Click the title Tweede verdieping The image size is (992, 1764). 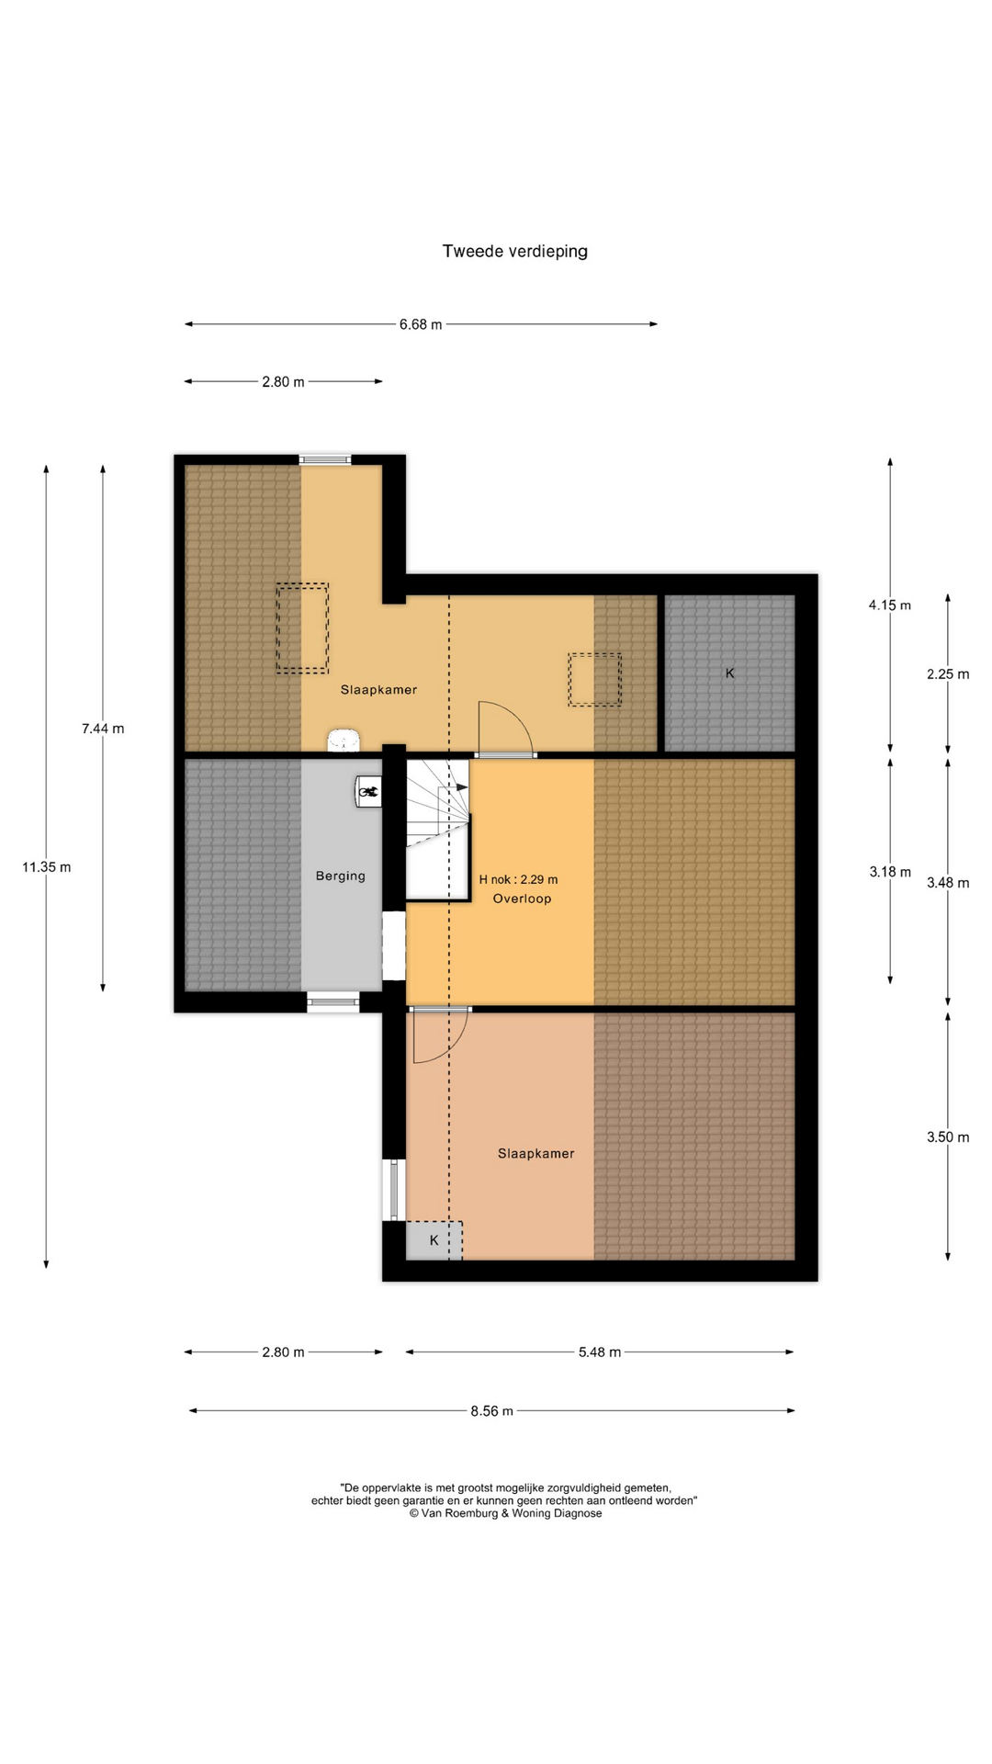pyautogui.click(x=514, y=251)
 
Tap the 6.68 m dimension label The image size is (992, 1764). pyautogui.click(x=421, y=324)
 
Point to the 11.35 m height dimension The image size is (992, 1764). pyautogui.click(x=47, y=866)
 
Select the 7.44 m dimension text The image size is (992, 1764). pyautogui.click(x=103, y=729)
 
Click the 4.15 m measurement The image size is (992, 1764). pyautogui.click(x=890, y=605)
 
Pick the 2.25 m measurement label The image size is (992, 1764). pyautogui.click(x=948, y=673)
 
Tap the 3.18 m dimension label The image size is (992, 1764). pyautogui.click(x=890, y=871)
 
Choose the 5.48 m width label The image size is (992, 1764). pyautogui.click(x=600, y=1351)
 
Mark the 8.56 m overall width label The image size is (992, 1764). pyautogui.click(x=491, y=1410)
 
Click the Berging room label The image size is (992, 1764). pyautogui.click(x=341, y=876)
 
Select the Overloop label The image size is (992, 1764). pyautogui.click(x=522, y=898)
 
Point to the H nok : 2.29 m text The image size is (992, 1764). pyautogui.click(x=518, y=879)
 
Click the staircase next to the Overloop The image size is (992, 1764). pyautogui.click(x=438, y=828)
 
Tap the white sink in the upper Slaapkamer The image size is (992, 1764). pyautogui.click(x=344, y=741)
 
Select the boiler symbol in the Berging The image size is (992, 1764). pyautogui.click(x=369, y=791)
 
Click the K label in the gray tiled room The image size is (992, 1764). pyautogui.click(x=730, y=673)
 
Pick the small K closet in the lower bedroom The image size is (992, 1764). pyautogui.click(x=434, y=1240)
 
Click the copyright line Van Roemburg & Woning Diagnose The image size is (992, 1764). pyautogui.click(x=506, y=1513)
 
